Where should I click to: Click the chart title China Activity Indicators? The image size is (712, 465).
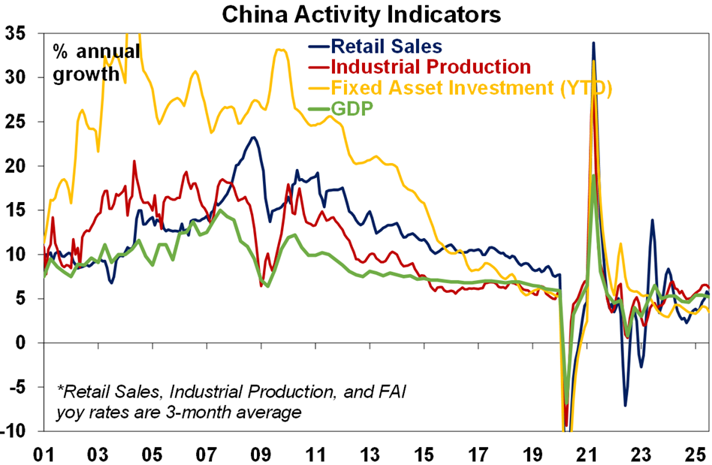(355, 13)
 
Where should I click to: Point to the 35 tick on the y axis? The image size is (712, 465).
(17, 34)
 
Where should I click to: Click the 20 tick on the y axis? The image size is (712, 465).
(17, 166)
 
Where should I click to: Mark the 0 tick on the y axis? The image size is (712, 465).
(23, 343)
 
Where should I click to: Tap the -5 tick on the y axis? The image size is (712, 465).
(18, 387)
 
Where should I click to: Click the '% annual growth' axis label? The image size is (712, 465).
(95, 64)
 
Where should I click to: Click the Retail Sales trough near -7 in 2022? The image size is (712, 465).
(625, 406)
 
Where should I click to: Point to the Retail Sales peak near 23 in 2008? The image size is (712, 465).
(254, 137)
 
